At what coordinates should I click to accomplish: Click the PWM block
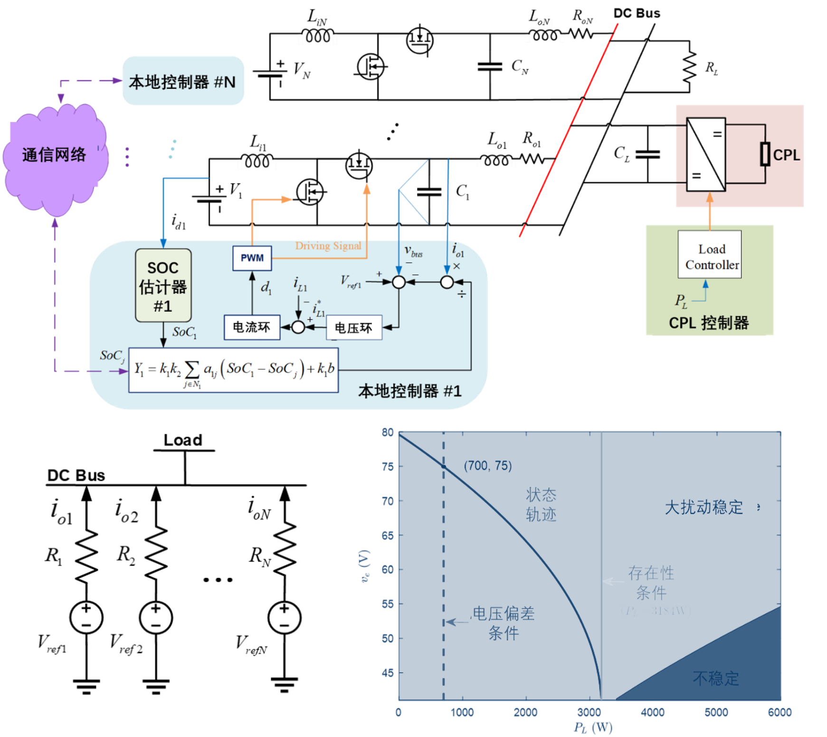pyautogui.click(x=252, y=258)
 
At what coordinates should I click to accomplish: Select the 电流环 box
pyautogui.click(x=252, y=327)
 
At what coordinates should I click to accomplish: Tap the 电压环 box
pyautogui.click(x=353, y=327)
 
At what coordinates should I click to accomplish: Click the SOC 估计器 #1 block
pyautogui.click(x=163, y=286)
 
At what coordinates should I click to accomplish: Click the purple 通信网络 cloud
pyautogui.click(x=54, y=156)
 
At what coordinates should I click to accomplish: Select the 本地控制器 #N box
pyautogui.click(x=183, y=82)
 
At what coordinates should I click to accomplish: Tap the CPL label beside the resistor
pyautogui.click(x=786, y=155)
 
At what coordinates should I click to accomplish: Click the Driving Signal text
pyautogui.click(x=328, y=246)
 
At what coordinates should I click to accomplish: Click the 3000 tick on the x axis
pyautogui.click(x=589, y=712)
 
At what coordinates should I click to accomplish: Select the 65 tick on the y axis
pyautogui.click(x=388, y=535)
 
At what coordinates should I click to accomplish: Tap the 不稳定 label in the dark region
pyautogui.click(x=716, y=678)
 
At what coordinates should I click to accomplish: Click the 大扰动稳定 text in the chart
pyautogui.click(x=703, y=507)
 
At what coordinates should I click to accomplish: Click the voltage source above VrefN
pyautogui.click(x=284, y=617)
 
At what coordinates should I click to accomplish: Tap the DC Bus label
pyautogui.click(x=76, y=476)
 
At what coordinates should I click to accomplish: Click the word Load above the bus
pyautogui.click(x=183, y=440)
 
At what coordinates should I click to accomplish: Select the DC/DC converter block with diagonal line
pyautogui.click(x=706, y=154)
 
